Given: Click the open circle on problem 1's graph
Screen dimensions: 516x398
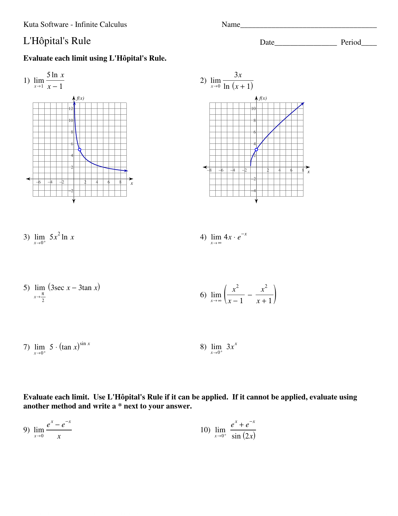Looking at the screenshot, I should point(80,150).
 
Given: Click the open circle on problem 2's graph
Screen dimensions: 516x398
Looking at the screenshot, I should point(256,150).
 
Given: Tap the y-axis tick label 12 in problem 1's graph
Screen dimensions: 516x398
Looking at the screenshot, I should point(71,108).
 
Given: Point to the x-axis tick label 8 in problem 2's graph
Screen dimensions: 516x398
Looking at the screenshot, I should point(303,170).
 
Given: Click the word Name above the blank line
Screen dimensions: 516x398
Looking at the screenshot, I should point(231,25).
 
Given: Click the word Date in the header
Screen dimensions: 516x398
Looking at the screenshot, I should point(267,43).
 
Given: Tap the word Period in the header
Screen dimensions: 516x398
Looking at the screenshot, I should point(351,43).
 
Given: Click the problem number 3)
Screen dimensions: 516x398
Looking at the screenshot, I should point(27,237).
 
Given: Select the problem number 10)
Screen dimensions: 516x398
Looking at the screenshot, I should point(205,430).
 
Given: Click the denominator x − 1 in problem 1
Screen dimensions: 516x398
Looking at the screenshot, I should point(55,87).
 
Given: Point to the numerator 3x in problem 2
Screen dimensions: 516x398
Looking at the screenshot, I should point(238,75).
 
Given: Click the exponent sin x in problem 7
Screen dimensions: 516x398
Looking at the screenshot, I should point(85,344).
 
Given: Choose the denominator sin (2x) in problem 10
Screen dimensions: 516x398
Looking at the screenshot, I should point(243,436).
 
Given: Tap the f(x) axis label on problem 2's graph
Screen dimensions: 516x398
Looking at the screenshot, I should point(263,98).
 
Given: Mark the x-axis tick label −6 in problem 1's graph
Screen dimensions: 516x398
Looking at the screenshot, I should point(38,182).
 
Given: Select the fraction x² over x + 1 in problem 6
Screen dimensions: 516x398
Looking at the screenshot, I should point(264,294).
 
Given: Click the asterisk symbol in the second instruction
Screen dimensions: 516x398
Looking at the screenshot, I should point(120,406).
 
